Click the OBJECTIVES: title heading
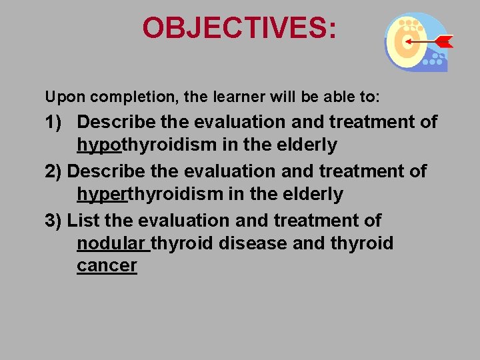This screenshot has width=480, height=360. click(239, 29)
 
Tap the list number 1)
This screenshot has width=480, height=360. click(56, 122)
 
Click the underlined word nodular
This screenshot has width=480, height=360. click(112, 243)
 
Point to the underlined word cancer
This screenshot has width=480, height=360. click(107, 265)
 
